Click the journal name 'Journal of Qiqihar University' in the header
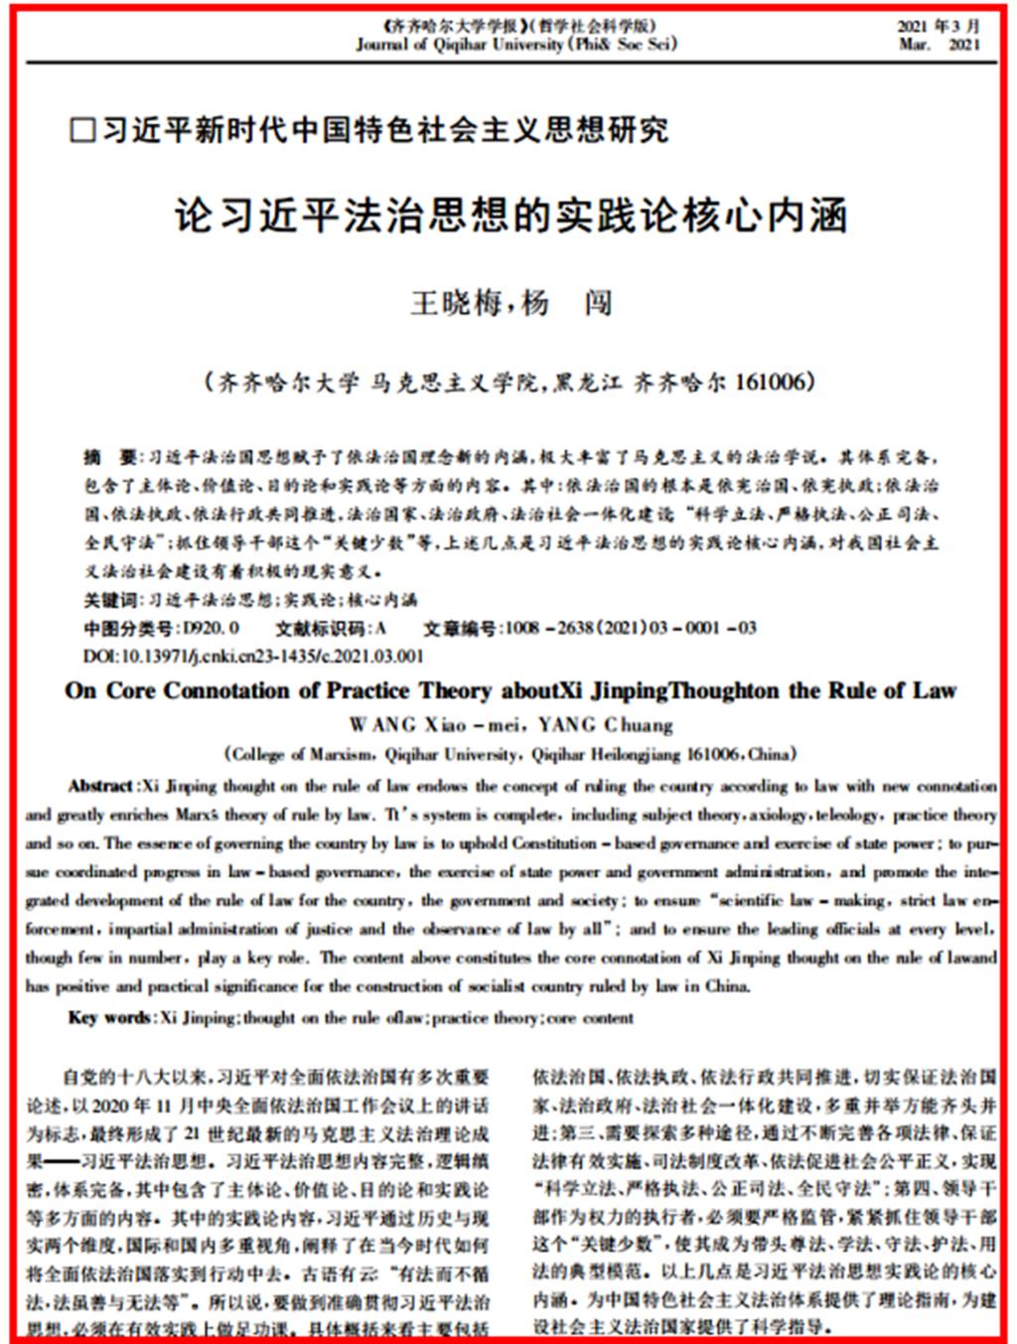460,45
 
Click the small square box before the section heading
82,131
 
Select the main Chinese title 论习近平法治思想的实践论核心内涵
510,216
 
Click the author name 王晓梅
456,302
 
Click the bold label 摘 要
110,458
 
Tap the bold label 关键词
109,600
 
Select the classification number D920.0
206,628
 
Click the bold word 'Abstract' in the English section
100,786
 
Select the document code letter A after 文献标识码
380,628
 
